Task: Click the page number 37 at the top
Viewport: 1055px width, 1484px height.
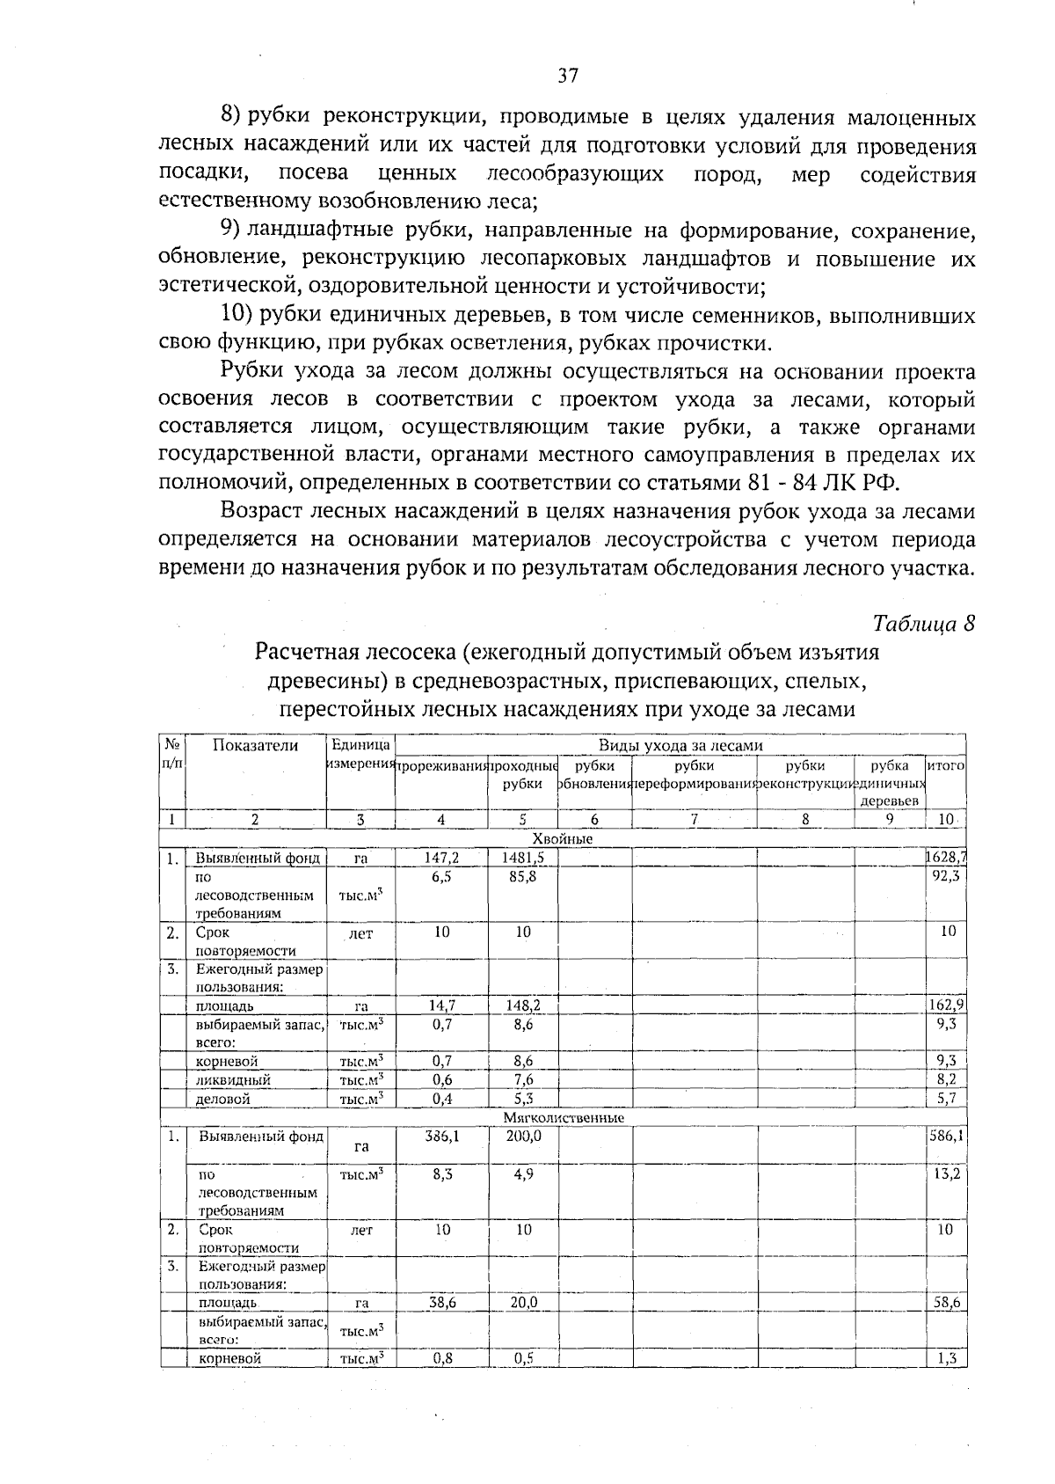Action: tap(568, 76)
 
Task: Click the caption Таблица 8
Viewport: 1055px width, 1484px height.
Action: tap(924, 623)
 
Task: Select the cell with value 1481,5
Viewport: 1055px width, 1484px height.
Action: tap(523, 858)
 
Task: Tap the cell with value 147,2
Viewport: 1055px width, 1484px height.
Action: tap(441, 858)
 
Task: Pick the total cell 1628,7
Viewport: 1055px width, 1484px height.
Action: tap(947, 858)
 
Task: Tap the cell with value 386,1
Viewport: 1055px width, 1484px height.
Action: tap(441, 1136)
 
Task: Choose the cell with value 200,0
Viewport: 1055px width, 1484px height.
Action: tap(523, 1136)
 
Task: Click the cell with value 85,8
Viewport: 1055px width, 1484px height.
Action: tap(523, 876)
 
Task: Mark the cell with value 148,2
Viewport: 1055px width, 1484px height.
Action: tap(523, 1005)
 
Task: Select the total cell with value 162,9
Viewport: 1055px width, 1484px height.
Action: tap(947, 1005)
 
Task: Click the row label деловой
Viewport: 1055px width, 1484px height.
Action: tap(223, 1099)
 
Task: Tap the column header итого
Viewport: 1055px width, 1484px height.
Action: tap(946, 765)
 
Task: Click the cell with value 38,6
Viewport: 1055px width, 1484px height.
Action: tap(441, 1303)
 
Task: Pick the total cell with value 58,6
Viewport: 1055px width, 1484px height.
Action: tap(947, 1303)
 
